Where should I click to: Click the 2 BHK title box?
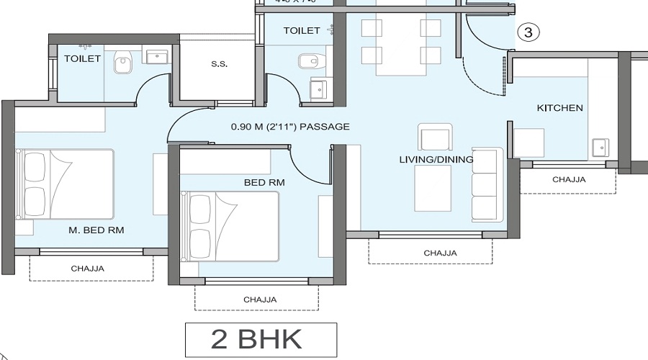pos(261,340)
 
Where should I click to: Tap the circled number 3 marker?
pos(528,32)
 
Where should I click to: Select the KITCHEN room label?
pos(559,108)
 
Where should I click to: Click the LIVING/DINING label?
pos(436,159)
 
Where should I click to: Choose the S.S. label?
pos(219,65)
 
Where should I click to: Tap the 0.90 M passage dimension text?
pos(289,127)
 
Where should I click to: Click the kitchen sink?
pos(600,147)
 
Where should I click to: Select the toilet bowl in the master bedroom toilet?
pos(123,64)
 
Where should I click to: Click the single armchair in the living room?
pos(435,136)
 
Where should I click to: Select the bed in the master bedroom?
pos(65,184)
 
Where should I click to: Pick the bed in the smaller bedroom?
pos(230,226)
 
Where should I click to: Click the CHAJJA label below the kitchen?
pos(568,180)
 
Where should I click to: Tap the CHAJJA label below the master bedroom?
pos(87,269)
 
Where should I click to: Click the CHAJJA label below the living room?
pos(439,253)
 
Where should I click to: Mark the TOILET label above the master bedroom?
pos(82,58)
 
